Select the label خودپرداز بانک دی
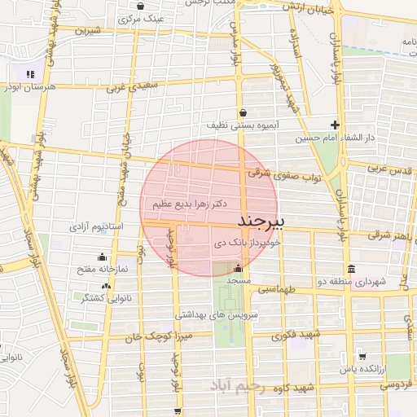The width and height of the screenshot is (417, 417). click(247, 243)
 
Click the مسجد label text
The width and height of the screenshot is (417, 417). click(238, 280)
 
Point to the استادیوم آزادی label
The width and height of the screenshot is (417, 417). click(95, 224)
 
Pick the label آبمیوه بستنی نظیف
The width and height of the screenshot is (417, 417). click(242, 126)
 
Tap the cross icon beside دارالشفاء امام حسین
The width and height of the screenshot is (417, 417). click(334, 125)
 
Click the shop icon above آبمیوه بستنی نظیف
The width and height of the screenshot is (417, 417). click(242, 113)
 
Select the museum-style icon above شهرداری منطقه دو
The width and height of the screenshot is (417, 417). click(351, 269)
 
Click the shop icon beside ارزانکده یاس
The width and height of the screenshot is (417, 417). click(362, 357)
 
